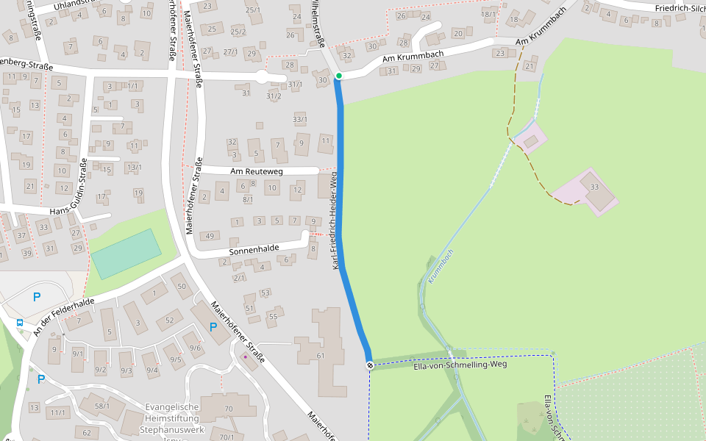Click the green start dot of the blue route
(x=338, y=76)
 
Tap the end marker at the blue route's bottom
(x=370, y=365)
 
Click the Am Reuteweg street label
(x=257, y=171)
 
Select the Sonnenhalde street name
(x=254, y=249)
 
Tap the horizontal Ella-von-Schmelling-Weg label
(x=460, y=364)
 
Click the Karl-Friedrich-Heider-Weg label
(x=335, y=220)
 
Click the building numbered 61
(x=321, y=356)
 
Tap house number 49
(x=210, y=236)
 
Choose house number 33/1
(x=299, y=119)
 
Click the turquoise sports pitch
(x=126, y=254)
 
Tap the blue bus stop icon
(x=19, y=322)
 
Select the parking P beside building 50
(x=213, y=327)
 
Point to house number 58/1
(x=102, y=406)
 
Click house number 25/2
(x=238, y=32)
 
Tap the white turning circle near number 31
(x=261, y=76)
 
